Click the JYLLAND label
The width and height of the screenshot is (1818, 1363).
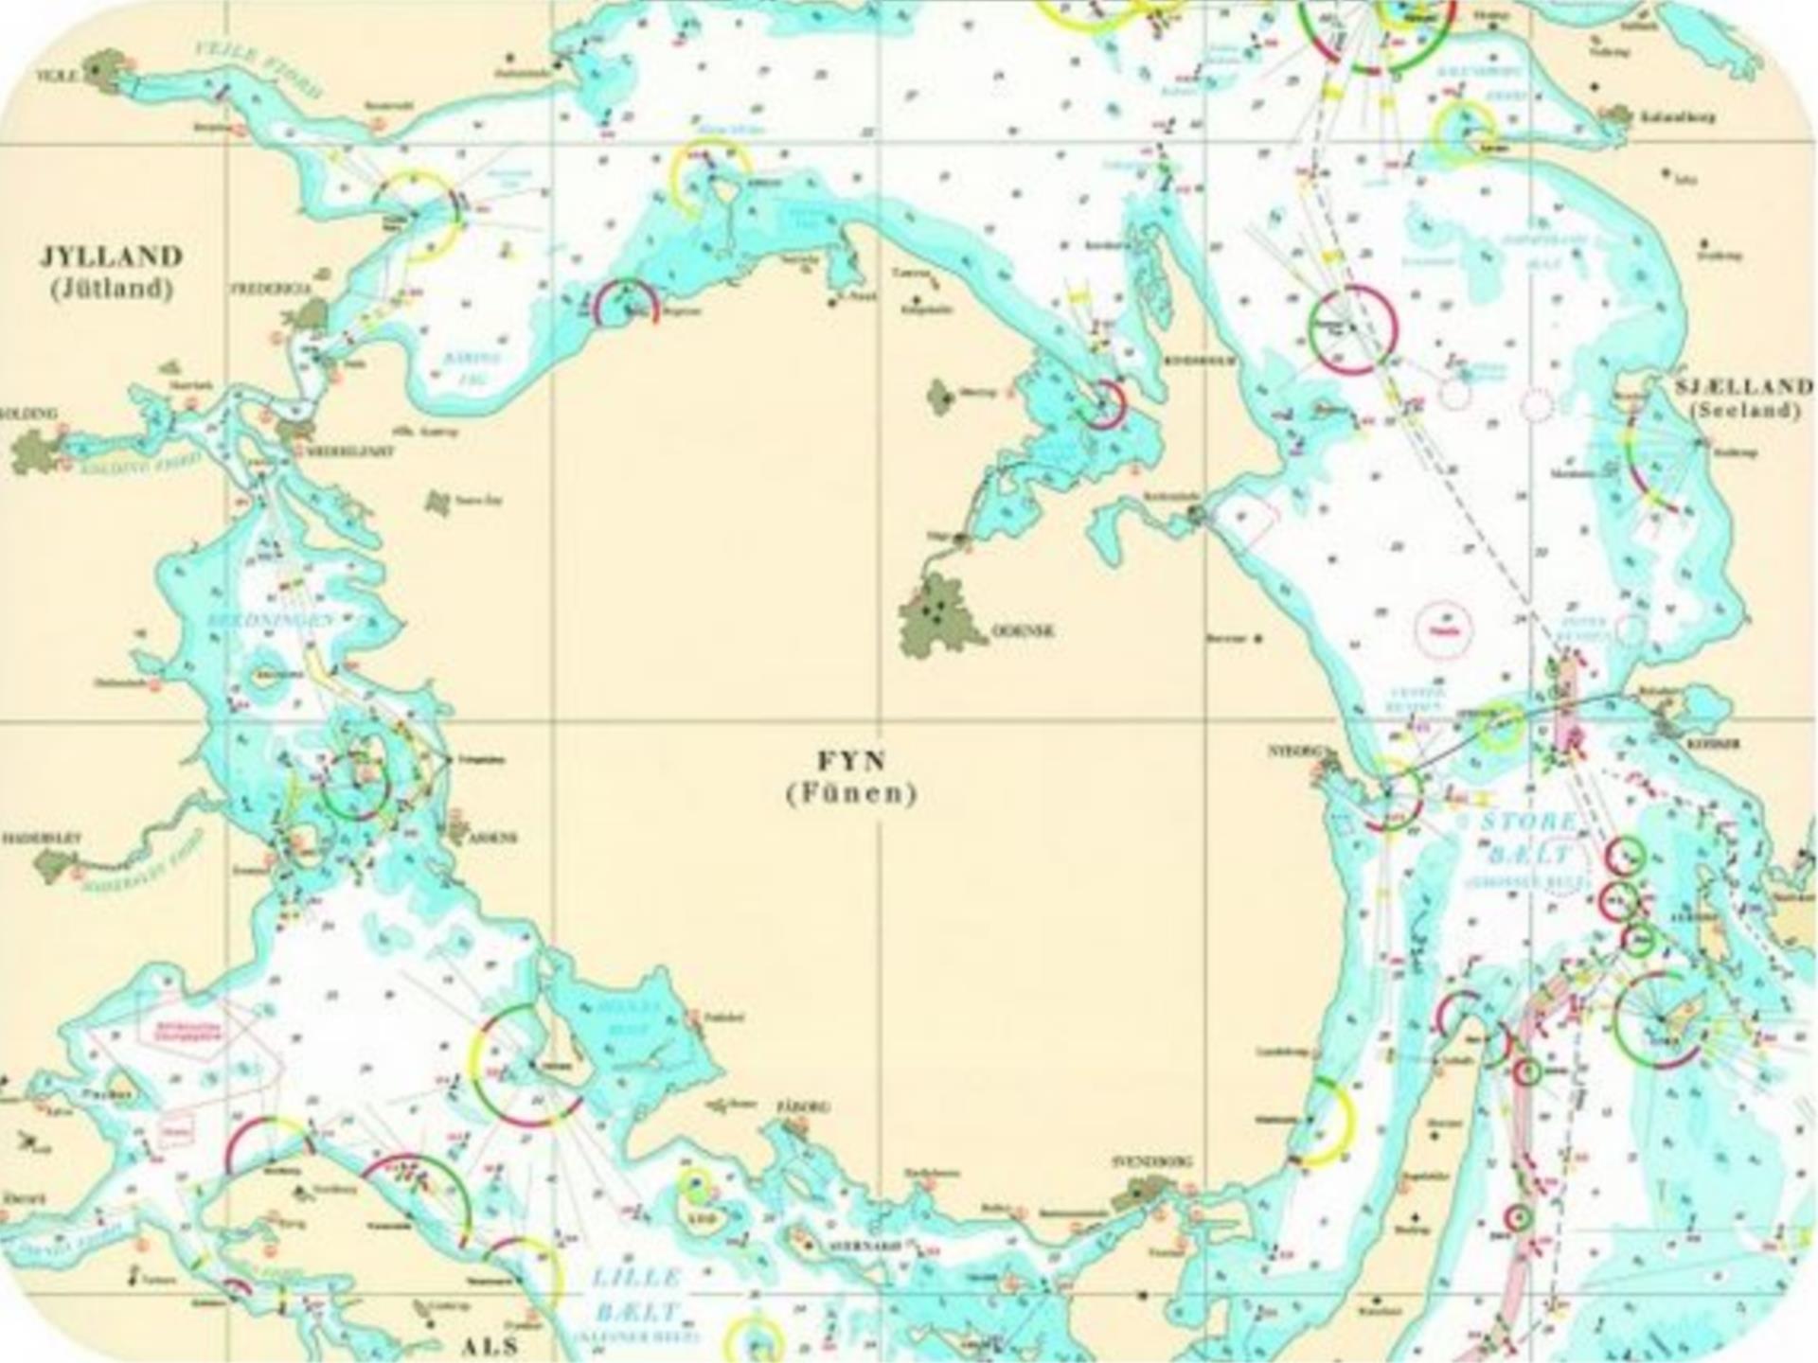[x=112, y=256]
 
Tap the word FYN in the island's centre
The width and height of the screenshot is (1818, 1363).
[x=851, y=761]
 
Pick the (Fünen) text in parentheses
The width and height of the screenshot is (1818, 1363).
[x=851, y=793]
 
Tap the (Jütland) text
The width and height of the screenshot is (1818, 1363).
[x=112, y=289]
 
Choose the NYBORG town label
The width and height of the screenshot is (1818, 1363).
[x=1293, y=752]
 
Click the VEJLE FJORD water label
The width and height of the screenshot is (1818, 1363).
[x=258, y=69]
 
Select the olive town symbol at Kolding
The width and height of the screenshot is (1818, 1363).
[x=36, y=451]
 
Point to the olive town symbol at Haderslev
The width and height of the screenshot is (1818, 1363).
[x=55, y=864]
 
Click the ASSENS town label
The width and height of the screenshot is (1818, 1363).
[x=494, y=838]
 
